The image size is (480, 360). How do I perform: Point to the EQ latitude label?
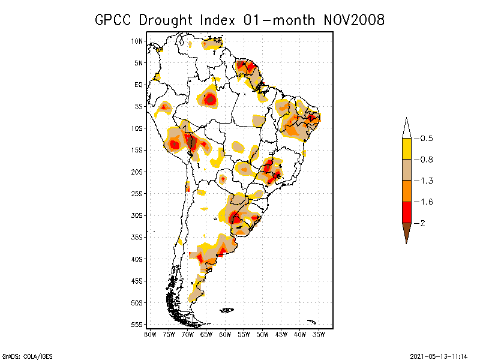(x=139, y=85)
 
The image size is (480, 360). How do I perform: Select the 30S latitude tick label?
(x=137, y=215)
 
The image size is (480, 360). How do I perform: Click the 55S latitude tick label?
(x=137, y=325)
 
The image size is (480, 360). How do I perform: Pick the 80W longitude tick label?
(x=150, y=334)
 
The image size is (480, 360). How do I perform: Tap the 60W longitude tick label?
(x=225, y=334)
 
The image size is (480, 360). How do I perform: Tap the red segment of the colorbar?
(x=406, y=212)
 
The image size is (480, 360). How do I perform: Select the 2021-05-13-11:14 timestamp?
(x=439, y=355)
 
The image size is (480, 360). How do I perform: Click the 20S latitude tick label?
(x=137, y=172)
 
